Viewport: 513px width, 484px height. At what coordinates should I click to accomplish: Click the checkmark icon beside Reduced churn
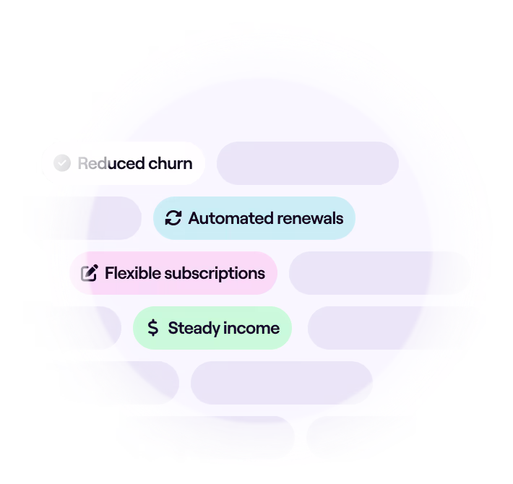pos(62,163)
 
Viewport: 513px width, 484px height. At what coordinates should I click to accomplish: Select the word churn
pos(170,163)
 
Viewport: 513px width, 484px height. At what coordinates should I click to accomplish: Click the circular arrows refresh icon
pos(173,218)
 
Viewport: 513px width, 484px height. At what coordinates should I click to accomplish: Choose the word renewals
pos(306,218)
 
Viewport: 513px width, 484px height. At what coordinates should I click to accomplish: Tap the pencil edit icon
pos(90,273)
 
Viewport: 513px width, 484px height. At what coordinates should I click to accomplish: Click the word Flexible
pos(133,273)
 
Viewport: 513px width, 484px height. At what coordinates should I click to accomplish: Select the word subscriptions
pos(215,274)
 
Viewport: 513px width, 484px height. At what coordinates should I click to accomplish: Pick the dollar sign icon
pos(153,328)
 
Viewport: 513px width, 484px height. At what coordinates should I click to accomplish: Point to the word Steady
pos(194,329)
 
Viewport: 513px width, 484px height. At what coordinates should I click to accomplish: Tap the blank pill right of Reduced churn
pos(308,163)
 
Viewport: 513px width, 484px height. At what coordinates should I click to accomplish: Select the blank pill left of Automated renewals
pos(85,218)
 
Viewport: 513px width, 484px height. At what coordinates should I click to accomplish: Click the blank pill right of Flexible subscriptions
pos(379,273)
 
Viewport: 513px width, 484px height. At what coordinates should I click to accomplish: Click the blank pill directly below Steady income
pos(282,383)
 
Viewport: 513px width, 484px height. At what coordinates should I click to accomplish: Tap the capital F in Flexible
pos(109,273)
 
